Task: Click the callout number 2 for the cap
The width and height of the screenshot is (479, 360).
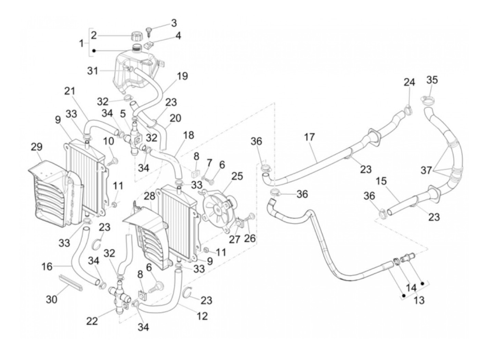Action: tap(94, 35)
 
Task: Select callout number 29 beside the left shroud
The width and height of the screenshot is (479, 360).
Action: tap(37, 147)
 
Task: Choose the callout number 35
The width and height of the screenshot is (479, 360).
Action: tap(432, 80)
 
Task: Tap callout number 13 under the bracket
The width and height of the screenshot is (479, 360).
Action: tap(419, 300)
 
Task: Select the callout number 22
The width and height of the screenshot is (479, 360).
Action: tap(92, 321)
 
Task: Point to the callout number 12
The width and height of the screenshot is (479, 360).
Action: tap(202, 316)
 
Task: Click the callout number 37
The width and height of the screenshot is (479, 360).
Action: tap(426, 170)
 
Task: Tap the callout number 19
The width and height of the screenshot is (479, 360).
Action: tap(182, 76)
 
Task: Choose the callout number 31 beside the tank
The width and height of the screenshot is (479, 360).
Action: tap(92, 71)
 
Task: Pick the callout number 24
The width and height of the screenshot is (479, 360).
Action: tap(409, 82)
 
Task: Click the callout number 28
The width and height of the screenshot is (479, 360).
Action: tap(150, 196)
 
